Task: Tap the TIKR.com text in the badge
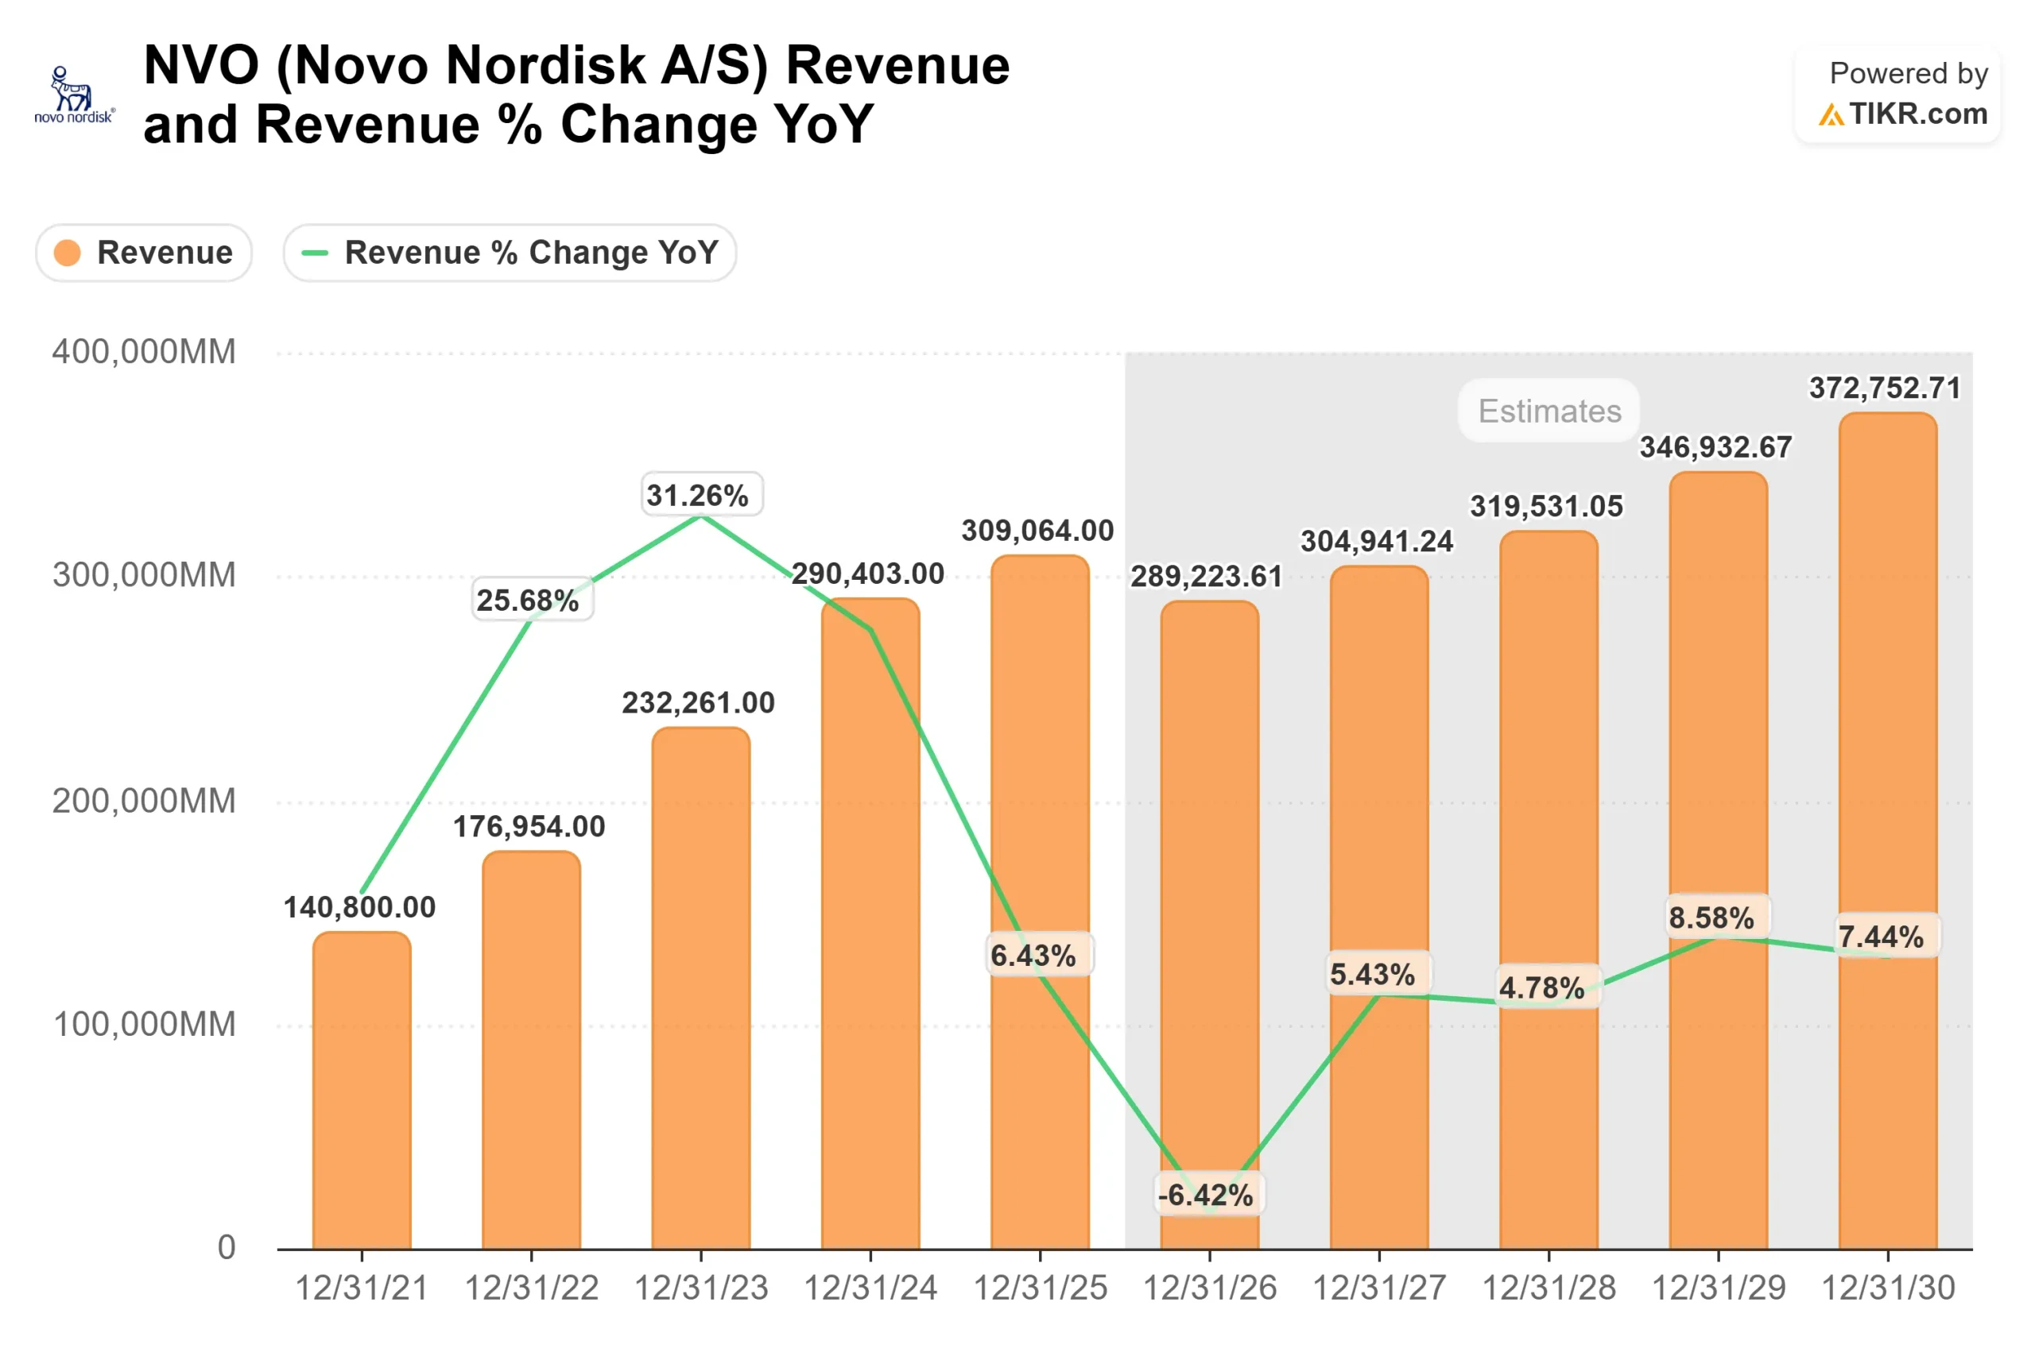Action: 1917,114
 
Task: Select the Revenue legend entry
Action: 145,253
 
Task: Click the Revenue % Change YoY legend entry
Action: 510,253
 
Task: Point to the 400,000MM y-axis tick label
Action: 144,352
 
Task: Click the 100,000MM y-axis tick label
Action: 144,1024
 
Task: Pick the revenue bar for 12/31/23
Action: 701,995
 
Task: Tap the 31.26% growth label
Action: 701,496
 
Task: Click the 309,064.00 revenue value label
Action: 1037,531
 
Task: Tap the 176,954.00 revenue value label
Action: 529,827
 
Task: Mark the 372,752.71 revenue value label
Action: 1885,388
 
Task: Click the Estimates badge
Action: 1549,411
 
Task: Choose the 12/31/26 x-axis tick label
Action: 1210,1288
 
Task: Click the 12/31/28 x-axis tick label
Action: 1549,1288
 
